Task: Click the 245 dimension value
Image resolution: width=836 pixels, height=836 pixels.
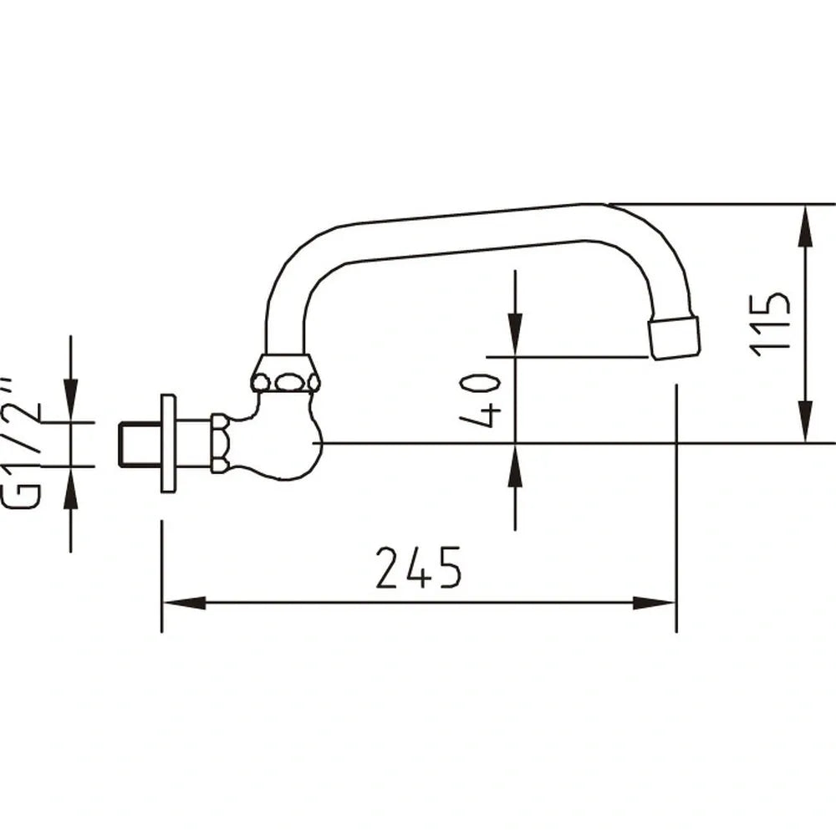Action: click(418, 568)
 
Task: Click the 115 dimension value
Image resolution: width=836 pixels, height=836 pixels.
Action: click(770, 324)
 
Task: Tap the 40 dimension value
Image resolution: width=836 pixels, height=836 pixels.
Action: click(481, 400)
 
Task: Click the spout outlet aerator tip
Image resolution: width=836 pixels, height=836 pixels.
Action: click(675, 338)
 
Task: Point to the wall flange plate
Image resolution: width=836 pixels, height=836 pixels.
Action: click(168, 443)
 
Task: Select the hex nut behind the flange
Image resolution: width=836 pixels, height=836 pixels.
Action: click(219, 443)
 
